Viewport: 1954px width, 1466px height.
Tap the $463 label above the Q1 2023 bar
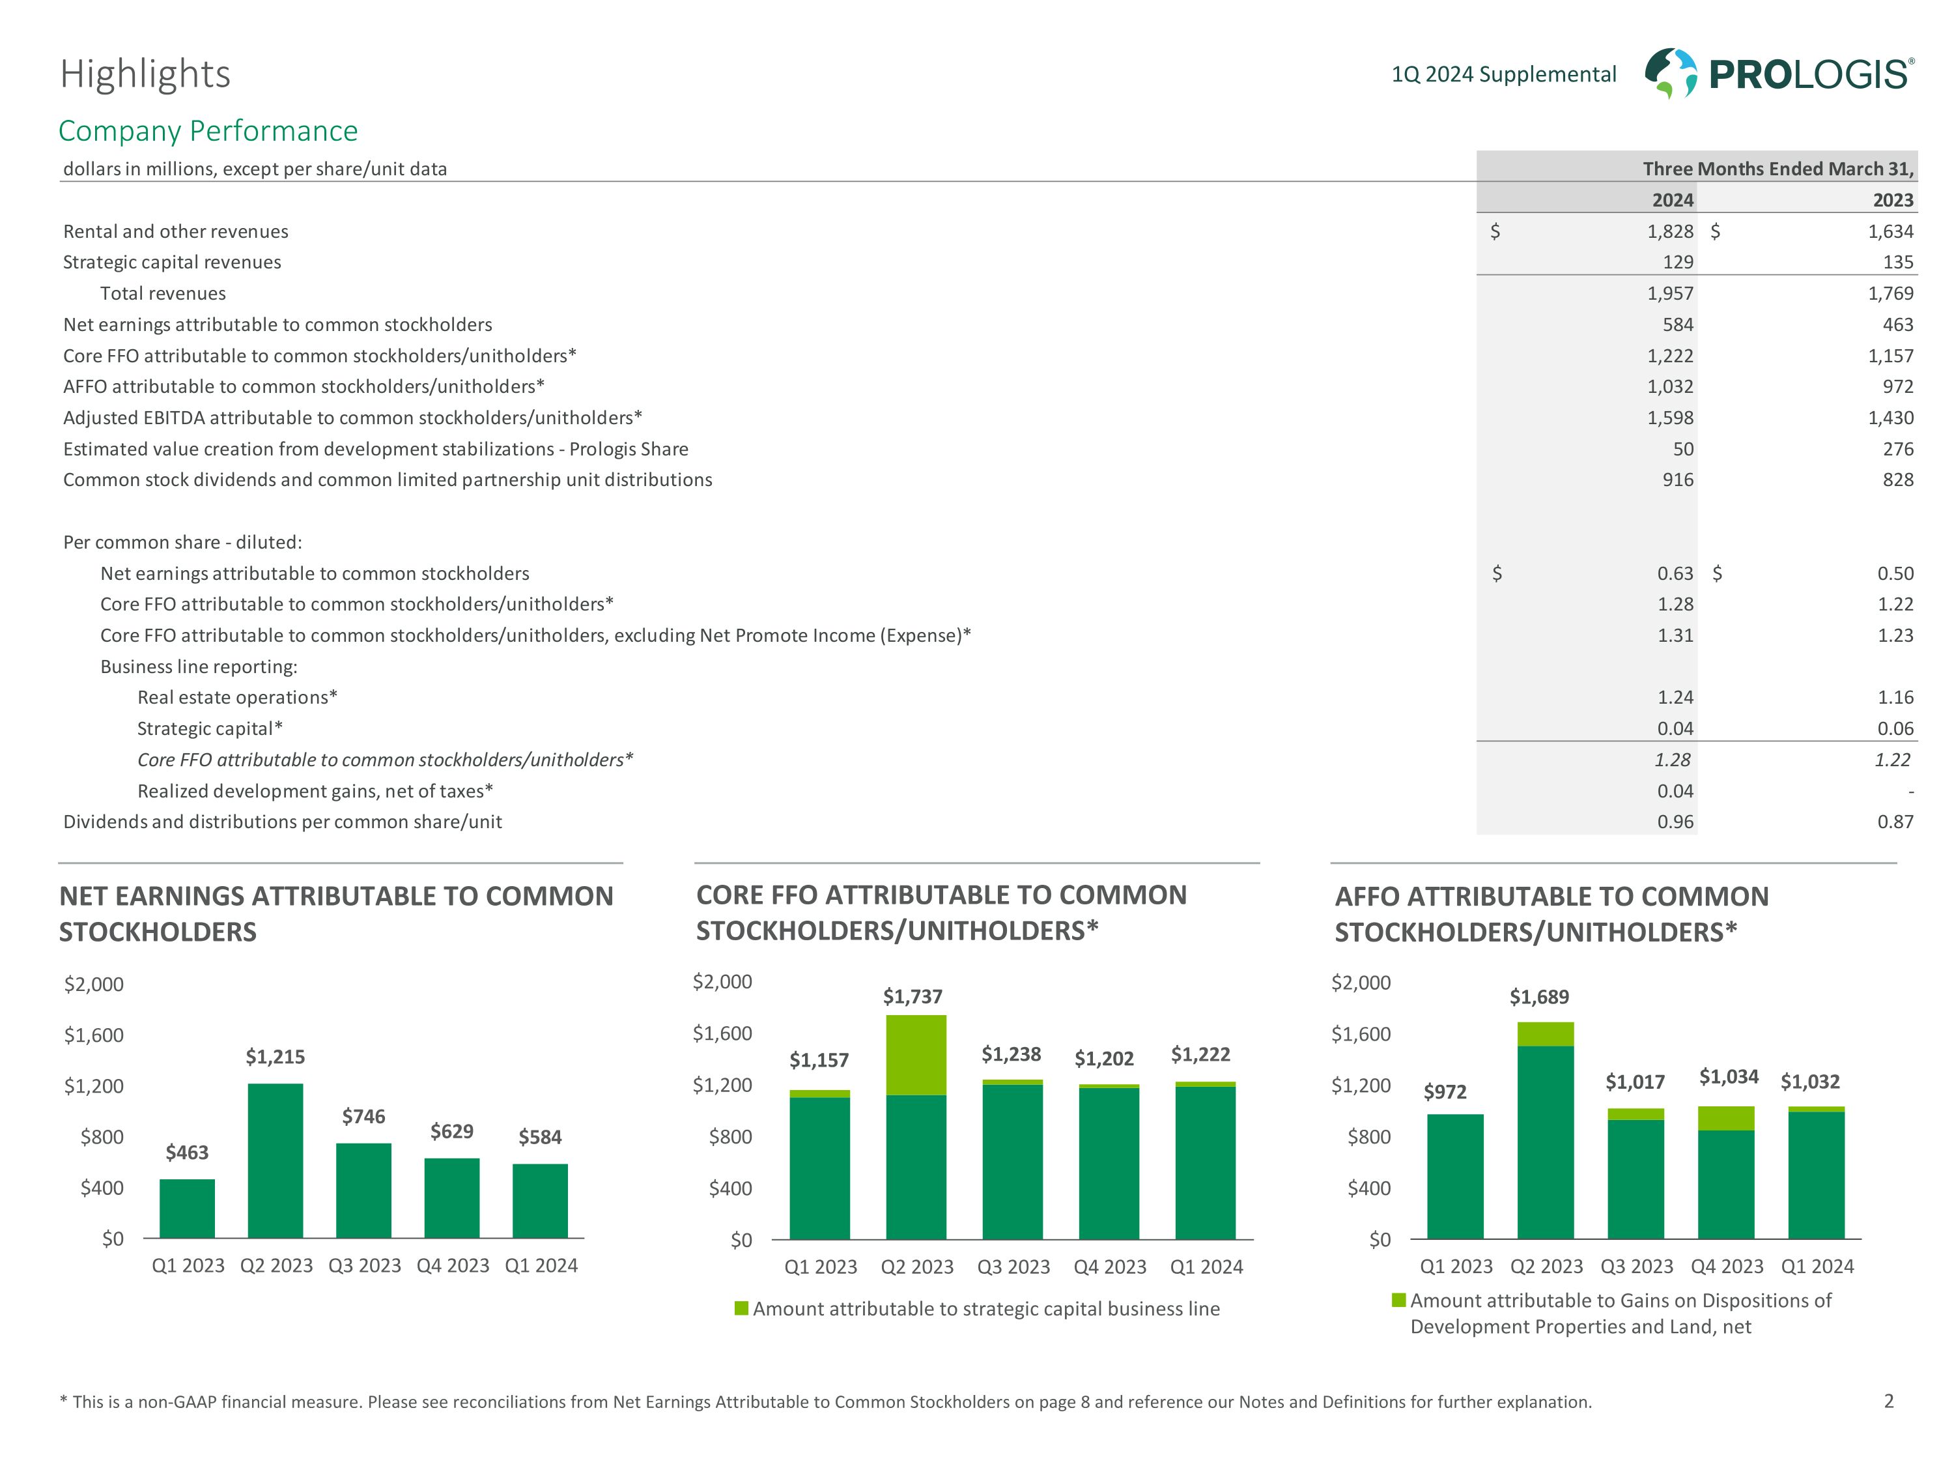pyautogui.click(x=188, y=1153)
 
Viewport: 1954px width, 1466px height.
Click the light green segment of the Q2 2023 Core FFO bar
pyautogui.click(x=916, y=1055)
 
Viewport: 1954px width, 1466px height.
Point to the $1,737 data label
pyautogui.click(x=913, y=997)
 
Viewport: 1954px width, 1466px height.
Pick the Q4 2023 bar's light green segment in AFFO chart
pyautogui.click(x=1726, y=1118)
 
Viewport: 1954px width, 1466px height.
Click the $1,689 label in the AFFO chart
pyautogui.click(x=1539, y=997)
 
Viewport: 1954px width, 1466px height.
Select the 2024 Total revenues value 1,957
pyautogui.click(x=1669, y=293)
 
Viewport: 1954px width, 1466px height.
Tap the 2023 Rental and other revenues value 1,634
pyautogui.click(x=1890, y=231)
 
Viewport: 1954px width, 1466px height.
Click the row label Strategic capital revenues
pyautogui.click(x=172, y=263)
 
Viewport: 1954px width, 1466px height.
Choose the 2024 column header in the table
pyautogui.click(x=1672, y=200)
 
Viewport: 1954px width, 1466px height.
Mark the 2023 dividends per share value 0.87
pyautogui.click(x=1895, y=822)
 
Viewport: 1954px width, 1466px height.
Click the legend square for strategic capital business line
pyautogui.click(x=742, y=1308)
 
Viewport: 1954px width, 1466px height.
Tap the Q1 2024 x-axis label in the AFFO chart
pyautogui.click(x=1817, y=1266)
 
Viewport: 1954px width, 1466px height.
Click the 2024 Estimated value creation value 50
pyautogui.click(x=1683, y=449)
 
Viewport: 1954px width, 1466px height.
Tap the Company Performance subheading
pyautogui.click(x=208, y=131)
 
